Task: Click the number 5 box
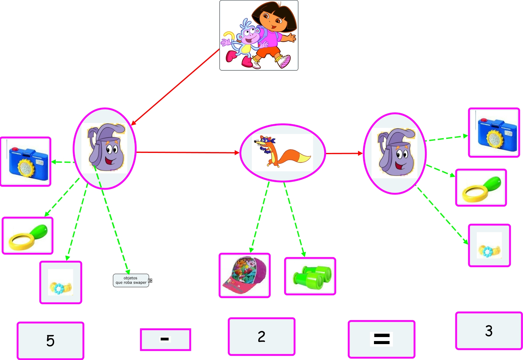point(50,340)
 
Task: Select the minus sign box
point(165,339)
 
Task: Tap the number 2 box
point(261,336)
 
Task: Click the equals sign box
point(381,339)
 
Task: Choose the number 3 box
point(489,331)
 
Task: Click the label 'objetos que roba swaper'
point(131,280)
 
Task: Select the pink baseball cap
point(245,275)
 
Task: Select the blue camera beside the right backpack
point(494,133)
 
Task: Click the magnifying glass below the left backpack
point(28,236)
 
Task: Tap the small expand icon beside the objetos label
point(150,280)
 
